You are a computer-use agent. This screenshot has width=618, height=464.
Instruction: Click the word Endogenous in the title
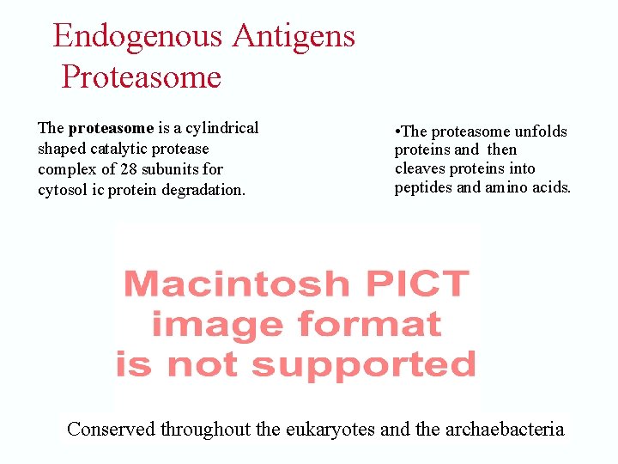coord(138,36)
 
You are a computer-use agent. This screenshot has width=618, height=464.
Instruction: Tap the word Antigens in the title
coord(294,36)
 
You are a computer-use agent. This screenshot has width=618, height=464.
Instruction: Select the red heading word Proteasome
coord(142,77)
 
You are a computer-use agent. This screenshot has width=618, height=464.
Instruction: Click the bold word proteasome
coord(111,128)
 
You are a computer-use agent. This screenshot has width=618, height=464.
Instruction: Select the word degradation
coord(205,190)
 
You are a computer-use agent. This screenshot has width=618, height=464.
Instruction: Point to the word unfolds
coord(540,131)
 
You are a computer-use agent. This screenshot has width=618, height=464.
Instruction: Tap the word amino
coord(505,187)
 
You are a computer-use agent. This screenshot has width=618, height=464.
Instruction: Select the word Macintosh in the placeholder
coord(237,284)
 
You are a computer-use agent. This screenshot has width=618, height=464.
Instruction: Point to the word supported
coord(364,364)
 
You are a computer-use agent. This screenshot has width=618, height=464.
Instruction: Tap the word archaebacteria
coord(505,429)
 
